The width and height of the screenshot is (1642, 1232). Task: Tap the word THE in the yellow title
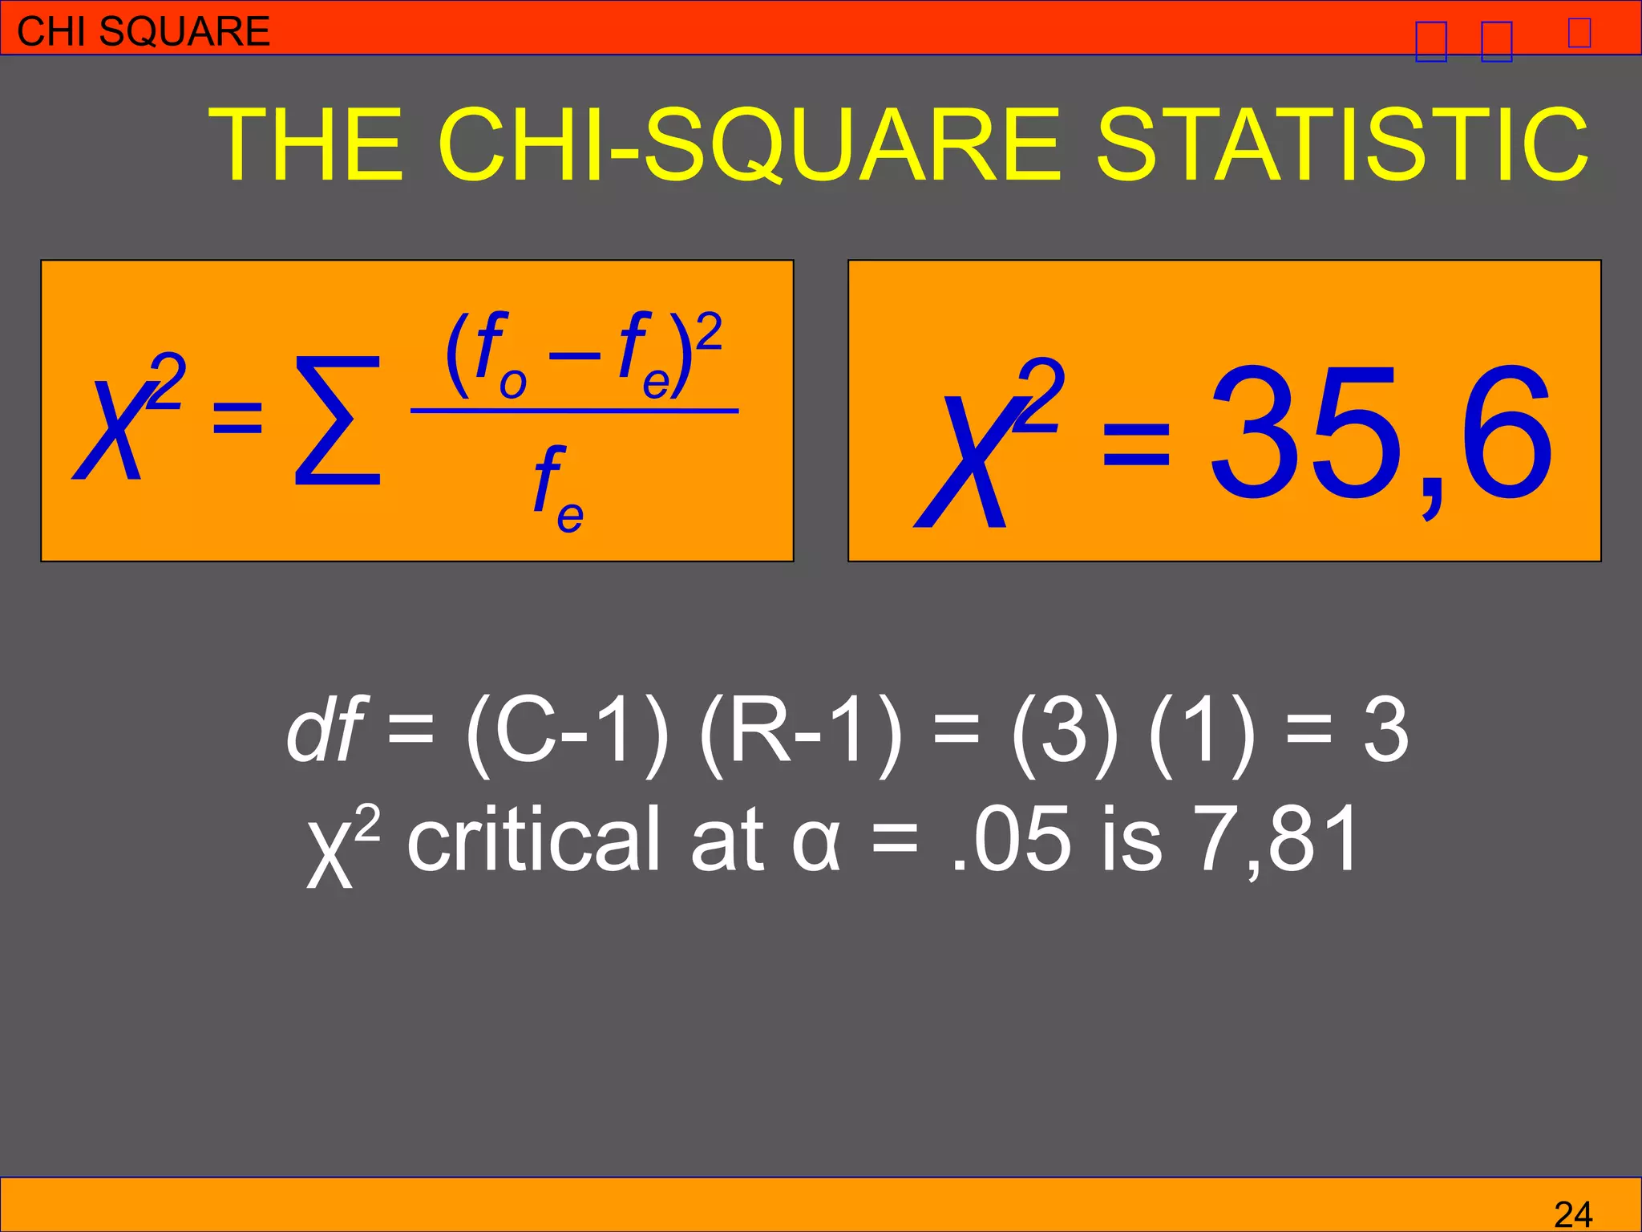click(x=305, y=144)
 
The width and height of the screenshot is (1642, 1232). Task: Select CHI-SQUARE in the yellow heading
click(x=749, y=144)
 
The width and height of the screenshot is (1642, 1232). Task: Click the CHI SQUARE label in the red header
click(x=144, y=31)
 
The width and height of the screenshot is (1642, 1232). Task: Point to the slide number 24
click(x=1572, y=1214)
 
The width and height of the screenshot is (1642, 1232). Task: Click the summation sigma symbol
click(x=338, y=422)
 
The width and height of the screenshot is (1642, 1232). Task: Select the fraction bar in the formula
click(x=574, y=411)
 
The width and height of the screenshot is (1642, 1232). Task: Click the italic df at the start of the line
click(x=325, y=730)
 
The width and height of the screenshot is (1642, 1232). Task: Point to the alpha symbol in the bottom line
click(x=816, y=842)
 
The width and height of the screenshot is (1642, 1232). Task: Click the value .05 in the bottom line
click(x=1010, y=839)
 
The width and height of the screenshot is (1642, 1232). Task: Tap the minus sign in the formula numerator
click(x=574, y=354)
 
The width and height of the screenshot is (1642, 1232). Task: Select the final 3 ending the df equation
click(x=1385, y=730)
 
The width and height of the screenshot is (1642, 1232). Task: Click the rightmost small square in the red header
click(x=1579, y=33)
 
